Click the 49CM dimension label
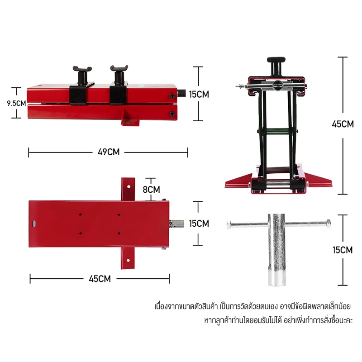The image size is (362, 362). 109,152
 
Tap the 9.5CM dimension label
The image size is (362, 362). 16,103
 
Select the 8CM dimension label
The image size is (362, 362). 151,190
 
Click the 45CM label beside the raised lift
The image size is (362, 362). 343,124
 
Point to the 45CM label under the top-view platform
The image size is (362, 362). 100,279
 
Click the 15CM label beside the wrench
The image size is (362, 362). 343,250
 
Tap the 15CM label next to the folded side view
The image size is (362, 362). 199,95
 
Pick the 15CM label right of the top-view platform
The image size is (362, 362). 199,224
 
